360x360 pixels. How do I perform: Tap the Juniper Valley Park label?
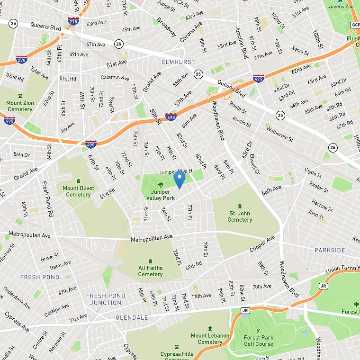[161, 195]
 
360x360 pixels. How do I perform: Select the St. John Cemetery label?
[240, 216]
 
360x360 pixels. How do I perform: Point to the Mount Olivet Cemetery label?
[78, 191]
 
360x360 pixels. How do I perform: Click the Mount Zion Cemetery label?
[19, 106]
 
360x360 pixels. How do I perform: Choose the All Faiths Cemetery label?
[150, 271]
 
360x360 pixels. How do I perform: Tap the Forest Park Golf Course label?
[258, 340]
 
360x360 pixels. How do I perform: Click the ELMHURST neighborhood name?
[179, 62]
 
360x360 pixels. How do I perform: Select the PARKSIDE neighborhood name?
[330, 250]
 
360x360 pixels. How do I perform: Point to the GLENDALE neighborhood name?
[132, 317]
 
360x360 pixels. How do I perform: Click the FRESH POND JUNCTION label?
[106, 299]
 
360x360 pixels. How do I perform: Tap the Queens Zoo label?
[340, 6]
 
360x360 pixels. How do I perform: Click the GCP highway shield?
[355, 25]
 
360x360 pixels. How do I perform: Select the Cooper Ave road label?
[262, 245]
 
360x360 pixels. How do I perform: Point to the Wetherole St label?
[279, 134]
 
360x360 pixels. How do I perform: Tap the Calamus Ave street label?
[115, 77]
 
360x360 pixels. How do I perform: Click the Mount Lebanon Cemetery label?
[210, 339]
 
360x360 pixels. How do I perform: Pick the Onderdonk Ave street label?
[17, 297]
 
